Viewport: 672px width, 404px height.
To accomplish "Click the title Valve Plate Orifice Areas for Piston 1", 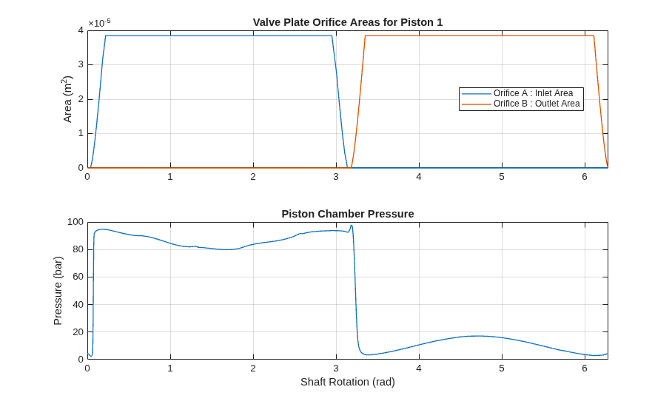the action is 348,22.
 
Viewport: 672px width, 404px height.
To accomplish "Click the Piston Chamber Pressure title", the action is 348,214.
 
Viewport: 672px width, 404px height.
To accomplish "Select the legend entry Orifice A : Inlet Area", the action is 533,93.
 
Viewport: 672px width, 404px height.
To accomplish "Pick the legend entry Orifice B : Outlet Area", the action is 537,104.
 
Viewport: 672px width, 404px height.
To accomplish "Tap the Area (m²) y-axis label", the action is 67,99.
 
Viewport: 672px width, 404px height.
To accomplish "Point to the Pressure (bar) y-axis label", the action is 58,291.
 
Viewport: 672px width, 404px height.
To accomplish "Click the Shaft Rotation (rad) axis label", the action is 348,382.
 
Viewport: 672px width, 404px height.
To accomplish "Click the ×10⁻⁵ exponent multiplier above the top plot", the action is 99,23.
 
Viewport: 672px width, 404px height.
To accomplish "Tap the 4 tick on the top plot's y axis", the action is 81,30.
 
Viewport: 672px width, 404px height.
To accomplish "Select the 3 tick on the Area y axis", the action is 81,64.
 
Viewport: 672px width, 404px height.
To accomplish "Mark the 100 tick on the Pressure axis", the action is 75,222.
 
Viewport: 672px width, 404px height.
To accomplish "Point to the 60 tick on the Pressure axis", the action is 78,277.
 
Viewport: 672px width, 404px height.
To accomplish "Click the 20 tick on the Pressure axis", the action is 78,331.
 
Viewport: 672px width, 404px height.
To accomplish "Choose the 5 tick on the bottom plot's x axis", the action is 502,368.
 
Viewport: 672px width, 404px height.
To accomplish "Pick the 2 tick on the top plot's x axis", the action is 253,177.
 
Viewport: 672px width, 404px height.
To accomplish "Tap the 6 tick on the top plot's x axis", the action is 585,177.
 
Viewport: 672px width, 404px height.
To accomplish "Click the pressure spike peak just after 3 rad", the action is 352,226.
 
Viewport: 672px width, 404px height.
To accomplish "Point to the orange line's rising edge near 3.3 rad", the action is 358,101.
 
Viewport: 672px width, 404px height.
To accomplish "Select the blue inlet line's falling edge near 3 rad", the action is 340,101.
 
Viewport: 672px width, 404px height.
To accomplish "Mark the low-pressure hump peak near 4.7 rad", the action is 477,336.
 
